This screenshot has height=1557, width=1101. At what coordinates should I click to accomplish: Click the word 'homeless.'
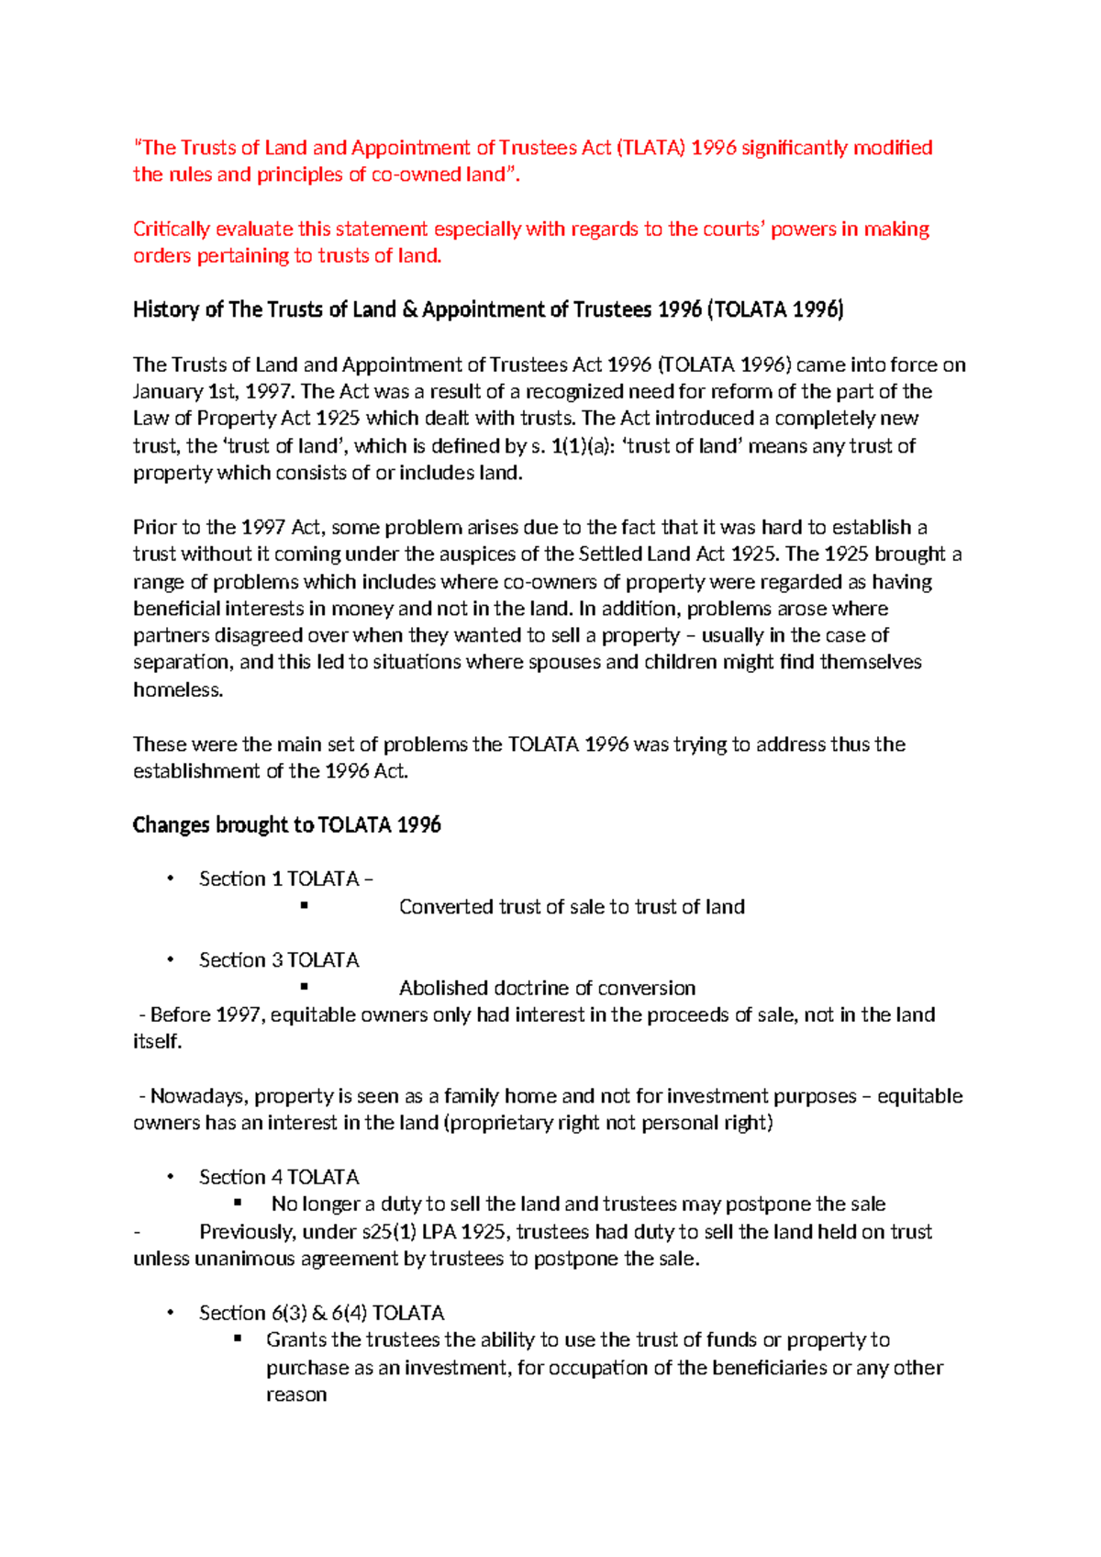[178, 690]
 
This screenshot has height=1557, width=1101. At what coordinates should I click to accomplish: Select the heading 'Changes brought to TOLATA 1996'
[286, 825]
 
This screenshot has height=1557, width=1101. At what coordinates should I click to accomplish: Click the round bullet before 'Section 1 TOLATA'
[170, 879]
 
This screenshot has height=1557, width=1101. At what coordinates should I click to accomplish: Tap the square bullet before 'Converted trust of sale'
[304, 906]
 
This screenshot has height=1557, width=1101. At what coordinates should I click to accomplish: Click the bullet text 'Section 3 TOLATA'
[279, 960]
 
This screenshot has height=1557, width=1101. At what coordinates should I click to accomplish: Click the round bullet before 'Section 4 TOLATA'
[170, 1177]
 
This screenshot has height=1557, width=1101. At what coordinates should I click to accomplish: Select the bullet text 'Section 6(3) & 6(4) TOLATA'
[321, 1313]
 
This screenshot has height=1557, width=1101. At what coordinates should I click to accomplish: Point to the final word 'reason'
[296, 1395]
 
